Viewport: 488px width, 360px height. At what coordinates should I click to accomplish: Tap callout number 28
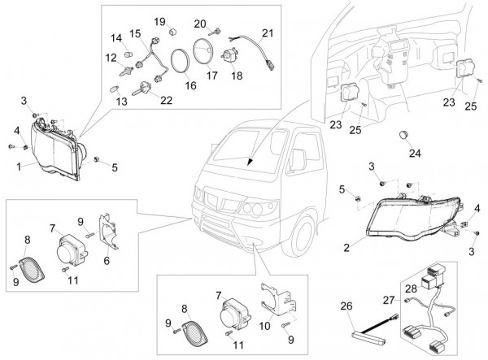412,288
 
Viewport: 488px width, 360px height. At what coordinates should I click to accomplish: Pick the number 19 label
159,21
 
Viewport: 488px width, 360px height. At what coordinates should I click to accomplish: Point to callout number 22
166,100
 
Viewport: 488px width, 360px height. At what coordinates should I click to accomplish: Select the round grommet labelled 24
405,133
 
